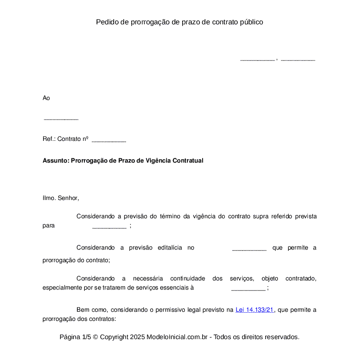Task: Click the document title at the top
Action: click(x=180, y=22)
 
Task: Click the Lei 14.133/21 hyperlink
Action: click(x=255, y=310)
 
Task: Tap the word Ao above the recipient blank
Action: click(x=46, y=98)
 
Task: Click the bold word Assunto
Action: click(x=55, y=160)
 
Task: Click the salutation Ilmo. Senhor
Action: click(x=61, y=198)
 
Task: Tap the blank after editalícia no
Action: click(x=249, y=249)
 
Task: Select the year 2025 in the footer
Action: click(x=137, y=337)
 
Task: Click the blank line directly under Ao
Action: click(x=61, y=119)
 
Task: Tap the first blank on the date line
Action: click(x=257, y=60)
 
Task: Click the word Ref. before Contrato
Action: click(x=48, y=139)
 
